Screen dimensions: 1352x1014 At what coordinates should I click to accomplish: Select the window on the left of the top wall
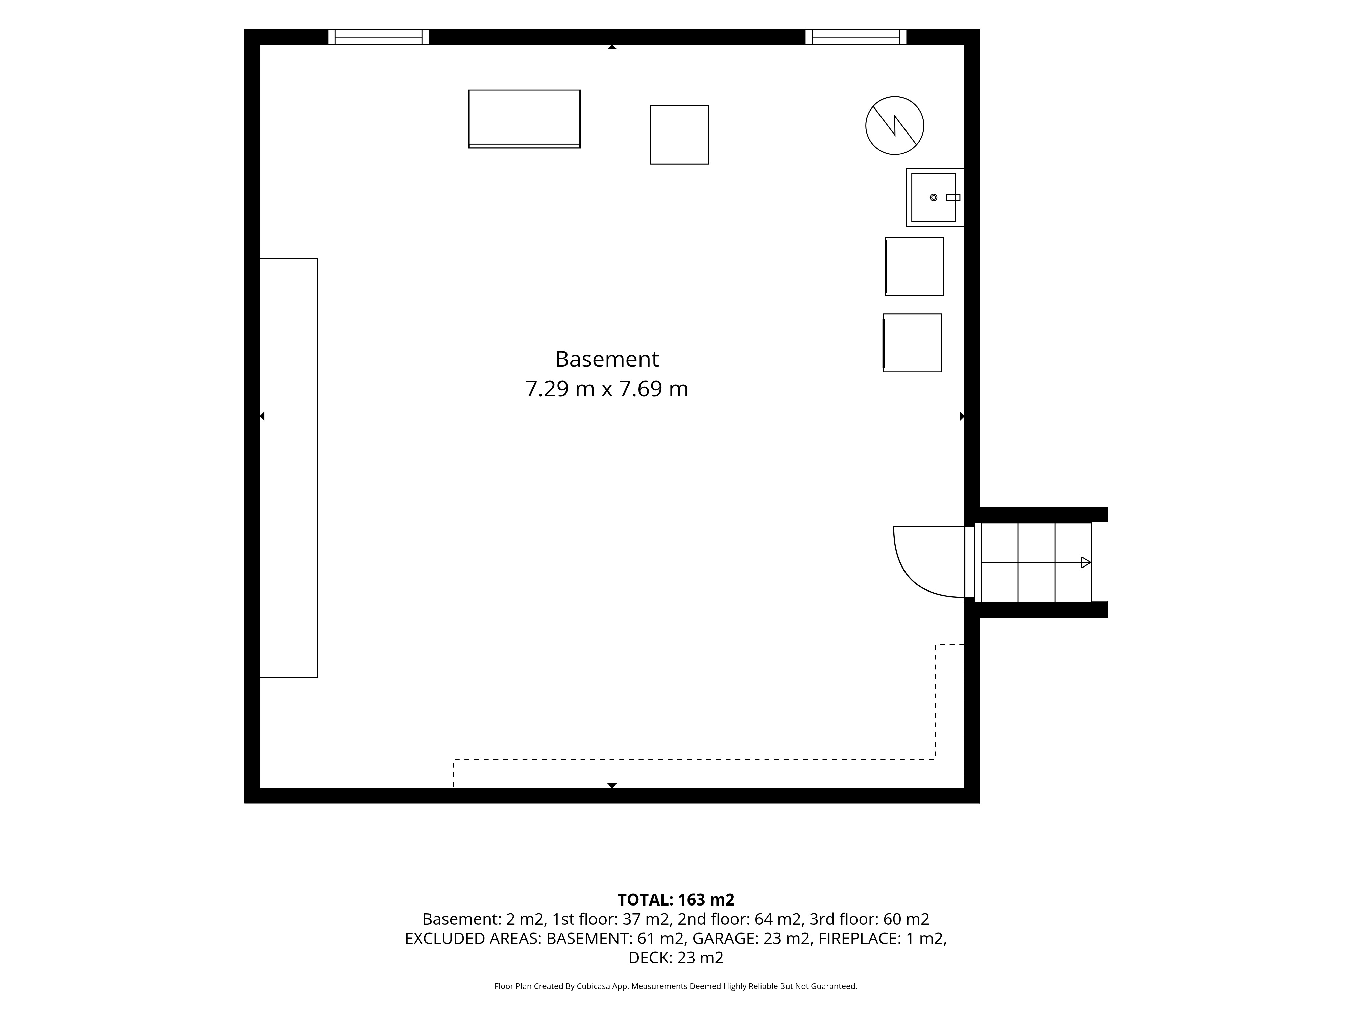[378, 37]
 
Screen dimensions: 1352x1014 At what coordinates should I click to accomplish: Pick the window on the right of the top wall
[856, 37]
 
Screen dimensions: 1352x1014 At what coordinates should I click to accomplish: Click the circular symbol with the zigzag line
[894, 125]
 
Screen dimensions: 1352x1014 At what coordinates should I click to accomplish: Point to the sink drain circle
[933, 197]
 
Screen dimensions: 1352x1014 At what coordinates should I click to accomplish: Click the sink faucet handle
[953, 197]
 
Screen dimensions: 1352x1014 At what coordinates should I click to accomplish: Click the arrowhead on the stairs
[1086, 562]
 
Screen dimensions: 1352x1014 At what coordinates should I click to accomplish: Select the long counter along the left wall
[289, 467]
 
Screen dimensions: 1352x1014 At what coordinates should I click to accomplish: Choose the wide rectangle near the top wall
[525, 119]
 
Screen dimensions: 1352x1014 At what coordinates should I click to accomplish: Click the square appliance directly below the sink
[914, 266]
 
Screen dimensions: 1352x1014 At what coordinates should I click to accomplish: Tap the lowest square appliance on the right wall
[912, 343]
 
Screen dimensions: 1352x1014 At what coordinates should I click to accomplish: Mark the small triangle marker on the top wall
[612, 47]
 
